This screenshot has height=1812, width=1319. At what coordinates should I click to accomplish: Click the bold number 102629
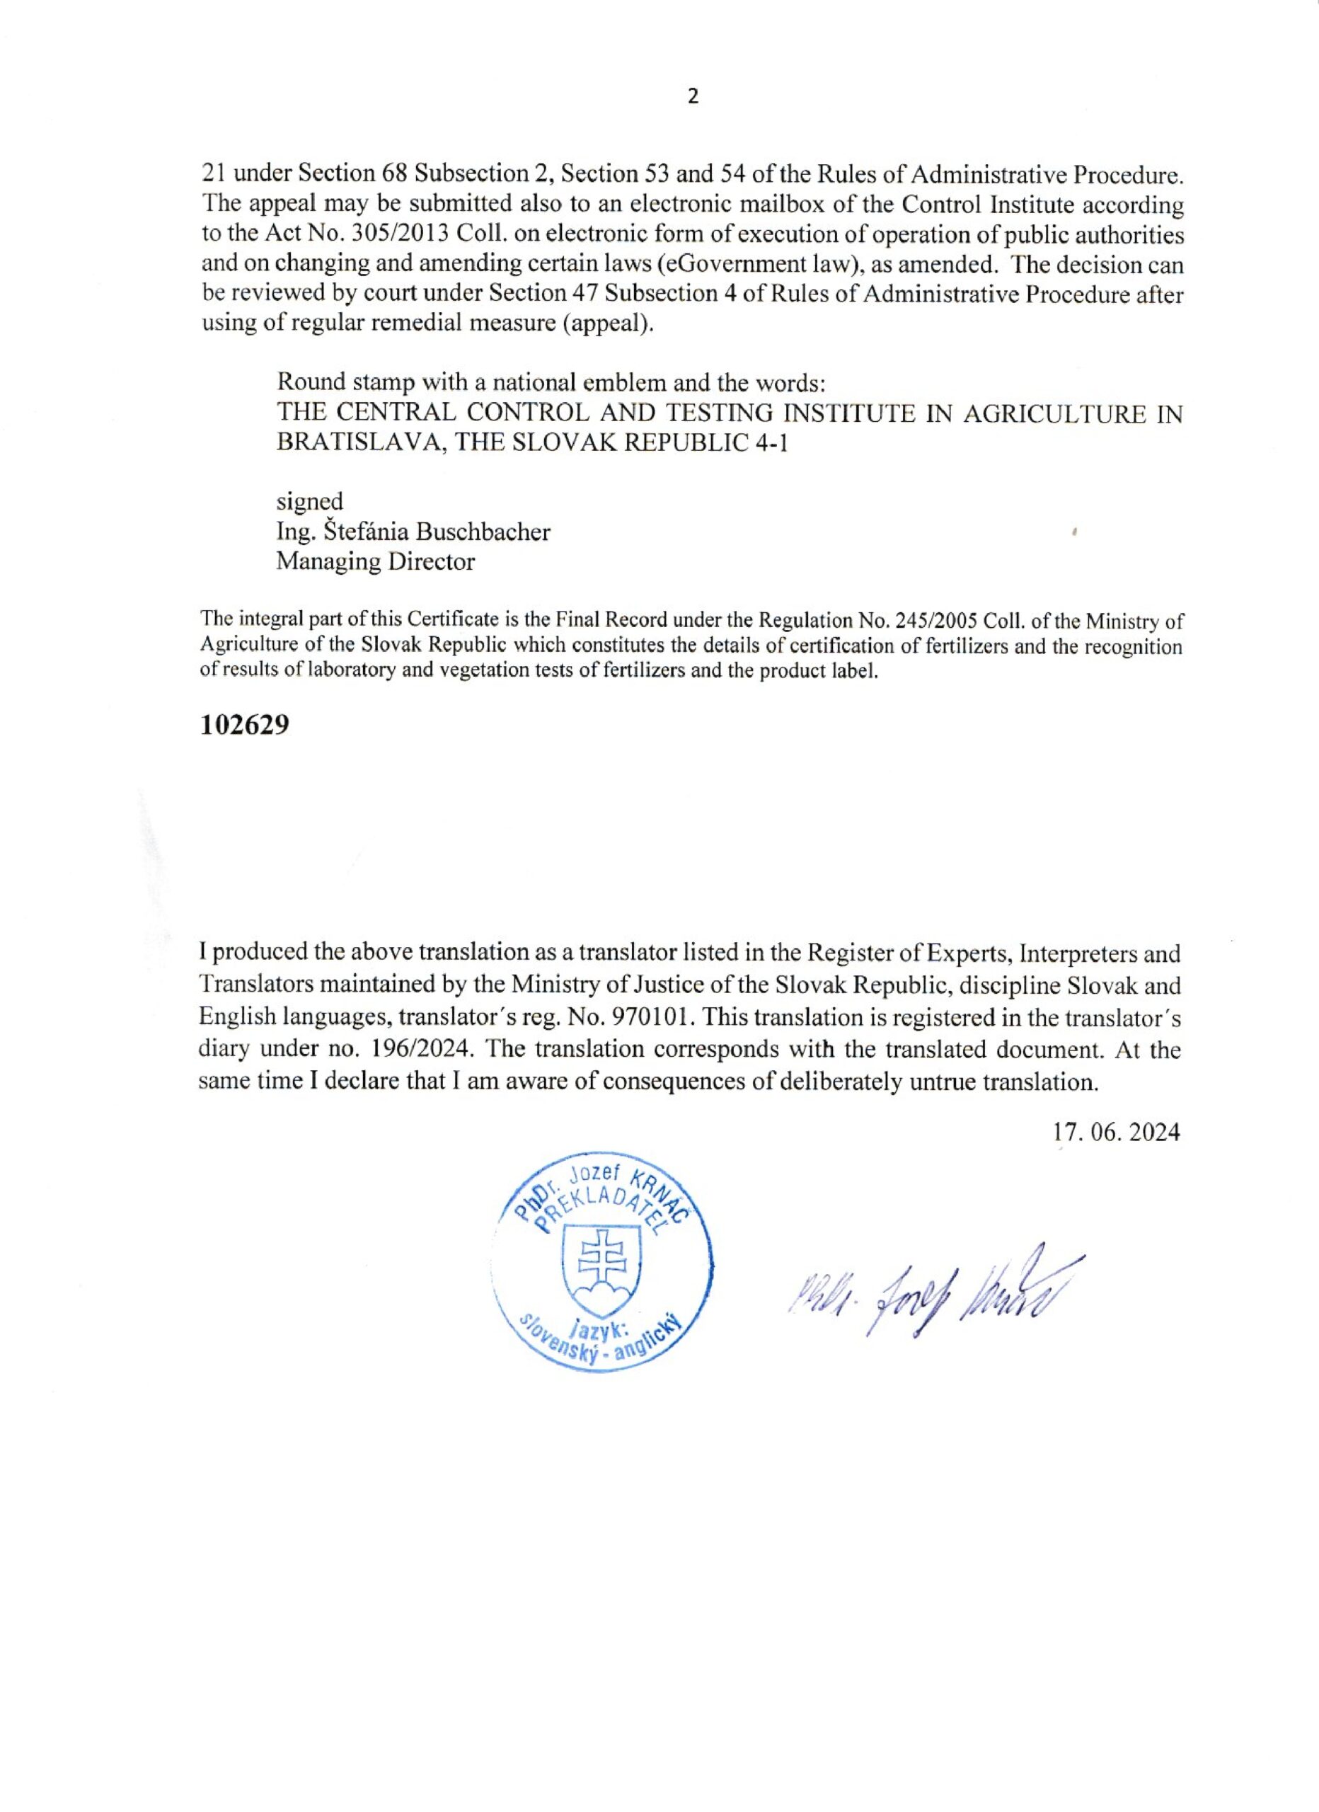[x=243, y=726]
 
